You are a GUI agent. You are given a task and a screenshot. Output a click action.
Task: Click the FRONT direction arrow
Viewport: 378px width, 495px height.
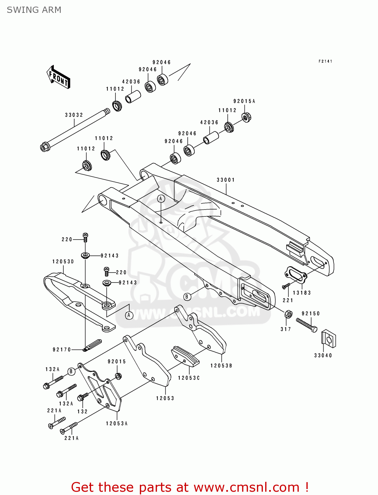point(58,77)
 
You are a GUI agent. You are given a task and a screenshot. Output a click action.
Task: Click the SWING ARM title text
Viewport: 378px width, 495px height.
point(34,10)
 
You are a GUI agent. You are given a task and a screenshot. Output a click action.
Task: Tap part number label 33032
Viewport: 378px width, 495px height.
point(74,115)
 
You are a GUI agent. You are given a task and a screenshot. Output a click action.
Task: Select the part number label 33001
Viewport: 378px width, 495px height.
point(226,180)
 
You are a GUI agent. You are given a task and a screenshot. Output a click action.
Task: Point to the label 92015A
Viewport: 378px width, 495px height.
point(244,101)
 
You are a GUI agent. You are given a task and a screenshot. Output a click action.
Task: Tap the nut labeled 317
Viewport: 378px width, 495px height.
point(288,314)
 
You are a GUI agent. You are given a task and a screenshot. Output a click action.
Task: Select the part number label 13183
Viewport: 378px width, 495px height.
point(302,293)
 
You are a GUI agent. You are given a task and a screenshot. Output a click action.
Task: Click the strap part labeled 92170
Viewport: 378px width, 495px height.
point(93,345)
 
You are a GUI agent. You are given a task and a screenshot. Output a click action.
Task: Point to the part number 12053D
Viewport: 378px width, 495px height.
point(63,262)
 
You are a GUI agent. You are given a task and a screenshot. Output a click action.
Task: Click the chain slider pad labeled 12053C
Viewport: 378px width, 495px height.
point(185,356)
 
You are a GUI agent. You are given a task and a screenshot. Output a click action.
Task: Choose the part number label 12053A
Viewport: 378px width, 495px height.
point(116,423)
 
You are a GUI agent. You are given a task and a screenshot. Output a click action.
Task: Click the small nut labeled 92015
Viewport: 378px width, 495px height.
point(118,376)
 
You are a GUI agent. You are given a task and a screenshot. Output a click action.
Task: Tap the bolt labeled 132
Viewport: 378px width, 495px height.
point(82,397)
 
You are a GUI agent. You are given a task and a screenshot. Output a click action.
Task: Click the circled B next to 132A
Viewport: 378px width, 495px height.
point(71,372)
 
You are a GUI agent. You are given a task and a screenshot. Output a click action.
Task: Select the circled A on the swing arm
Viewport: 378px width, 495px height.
point(161,199)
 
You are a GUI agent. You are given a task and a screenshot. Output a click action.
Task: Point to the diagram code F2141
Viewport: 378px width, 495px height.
point(325,61)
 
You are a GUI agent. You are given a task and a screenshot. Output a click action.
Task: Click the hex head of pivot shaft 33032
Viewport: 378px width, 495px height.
point(45,147)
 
